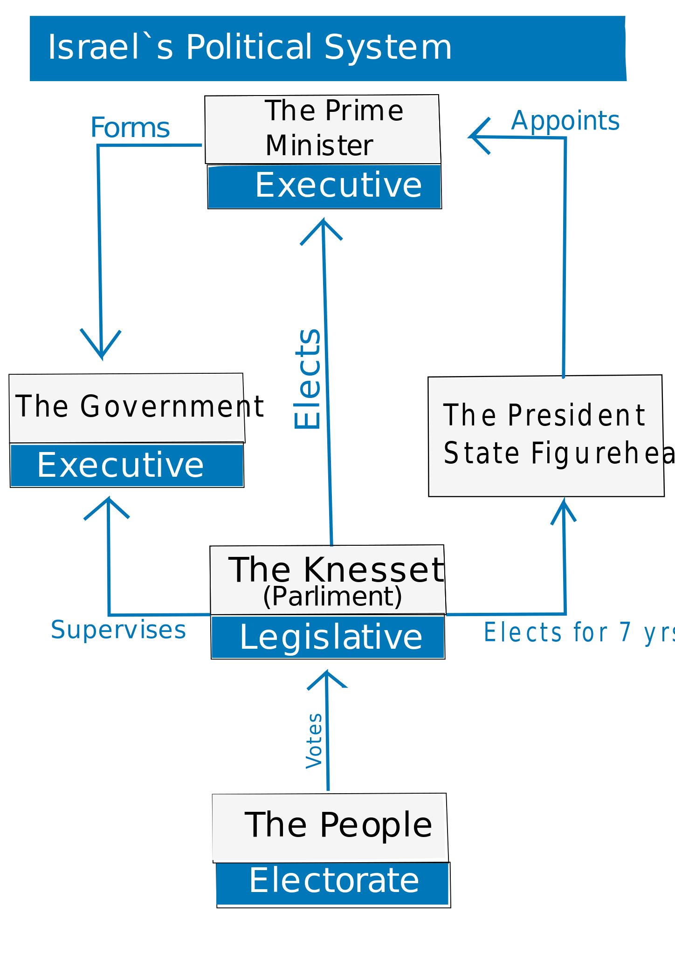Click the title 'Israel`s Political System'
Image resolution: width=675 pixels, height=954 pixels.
point(250,47)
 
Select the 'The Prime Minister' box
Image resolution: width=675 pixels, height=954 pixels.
point(323,129)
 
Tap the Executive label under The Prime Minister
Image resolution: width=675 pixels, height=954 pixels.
point(338,185)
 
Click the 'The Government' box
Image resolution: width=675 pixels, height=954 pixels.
point(127,407)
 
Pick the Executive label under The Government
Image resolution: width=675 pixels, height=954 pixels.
point(121,465)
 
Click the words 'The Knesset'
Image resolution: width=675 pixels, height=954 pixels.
point(336,570)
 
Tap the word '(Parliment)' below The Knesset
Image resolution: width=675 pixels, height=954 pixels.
point(332,596)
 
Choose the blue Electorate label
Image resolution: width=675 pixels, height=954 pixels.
point(334,880)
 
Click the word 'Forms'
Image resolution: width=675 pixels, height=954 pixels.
point(130,128)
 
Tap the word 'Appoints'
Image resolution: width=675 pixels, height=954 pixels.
point(565,121)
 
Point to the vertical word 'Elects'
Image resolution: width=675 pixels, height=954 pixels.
point(308,378)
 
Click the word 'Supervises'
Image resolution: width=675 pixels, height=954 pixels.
point(118,630)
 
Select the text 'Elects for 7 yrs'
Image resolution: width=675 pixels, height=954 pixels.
point(578,633)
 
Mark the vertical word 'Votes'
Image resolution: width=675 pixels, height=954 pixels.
point(314,741)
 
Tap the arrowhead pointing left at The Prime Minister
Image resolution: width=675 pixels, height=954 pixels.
point(477,137)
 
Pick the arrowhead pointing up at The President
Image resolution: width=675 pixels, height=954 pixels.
point(564,508)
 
